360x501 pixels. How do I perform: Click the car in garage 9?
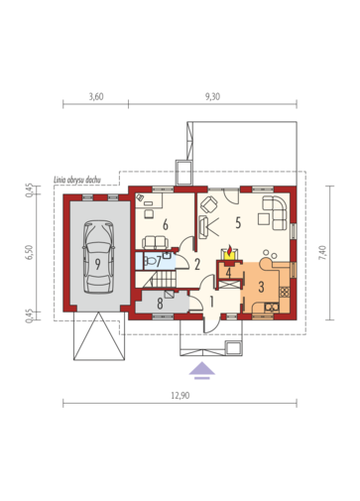coord(98,257)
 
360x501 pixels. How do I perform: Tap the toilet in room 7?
coord(151,261)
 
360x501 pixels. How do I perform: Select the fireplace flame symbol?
coord(229,248)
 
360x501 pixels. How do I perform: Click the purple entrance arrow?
coord(202,371)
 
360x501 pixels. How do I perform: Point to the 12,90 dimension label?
coord(180,395)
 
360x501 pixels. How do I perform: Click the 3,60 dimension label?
coord(96,96)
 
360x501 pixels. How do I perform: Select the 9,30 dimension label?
coord(212,96)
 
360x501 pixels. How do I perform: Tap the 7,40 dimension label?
coord(322,253)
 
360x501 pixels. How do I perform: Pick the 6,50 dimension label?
coord(30,253)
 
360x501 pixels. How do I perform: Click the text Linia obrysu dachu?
coord(77,180)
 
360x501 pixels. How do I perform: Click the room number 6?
coord(166,225)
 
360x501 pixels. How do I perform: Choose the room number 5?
coord(238,223)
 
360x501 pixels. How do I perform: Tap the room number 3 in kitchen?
coord(261,287)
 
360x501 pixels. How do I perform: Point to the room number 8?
coord(160,304)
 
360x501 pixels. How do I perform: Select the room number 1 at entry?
coord(211,302)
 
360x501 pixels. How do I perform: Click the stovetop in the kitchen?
coord(285,292)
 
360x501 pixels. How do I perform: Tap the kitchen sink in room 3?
coord(272,308)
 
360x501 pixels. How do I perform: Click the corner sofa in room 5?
coord(275,213)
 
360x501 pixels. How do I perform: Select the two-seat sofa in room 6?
coord(155,242)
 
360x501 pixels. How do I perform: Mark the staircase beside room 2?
coord(163,280)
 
